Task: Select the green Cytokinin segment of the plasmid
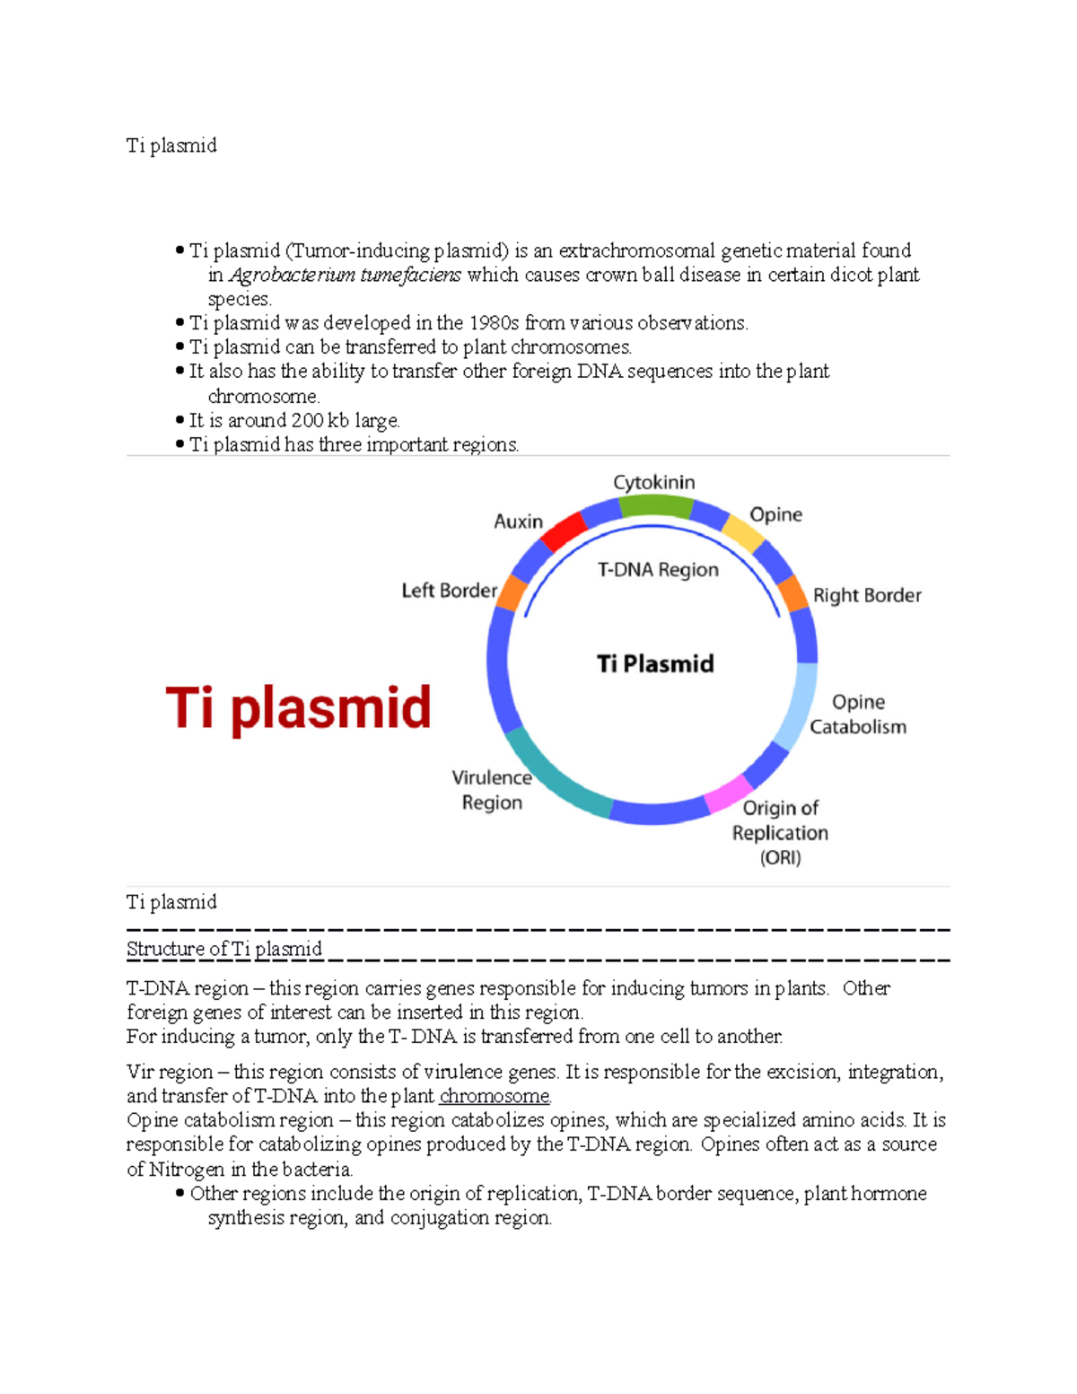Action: (x=655, y=507)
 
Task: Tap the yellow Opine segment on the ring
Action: (x=743, y=532)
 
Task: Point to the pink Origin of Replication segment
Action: (x=728, y=793)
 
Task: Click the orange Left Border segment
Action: (x=512, y=593)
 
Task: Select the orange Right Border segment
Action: (x=793, y=593)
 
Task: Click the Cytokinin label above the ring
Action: (x=653, y=482)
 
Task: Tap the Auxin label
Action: (x=518, y=522)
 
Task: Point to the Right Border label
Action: (x=867, y=595)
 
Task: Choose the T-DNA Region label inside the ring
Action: (x=658, y=569)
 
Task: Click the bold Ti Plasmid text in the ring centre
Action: (x=655, y=663)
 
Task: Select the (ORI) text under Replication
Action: (x=780, y=857)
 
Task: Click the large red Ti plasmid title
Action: (x=298, y=707)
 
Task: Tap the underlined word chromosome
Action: (x=495, y=1096)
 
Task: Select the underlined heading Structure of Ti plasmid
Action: (x=224, y=949)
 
